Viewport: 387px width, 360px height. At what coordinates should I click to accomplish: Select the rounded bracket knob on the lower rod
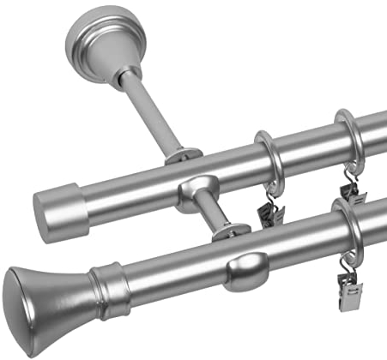(x=247, y=267)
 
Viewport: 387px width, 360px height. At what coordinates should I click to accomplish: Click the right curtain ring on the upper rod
(x=348, y=142)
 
